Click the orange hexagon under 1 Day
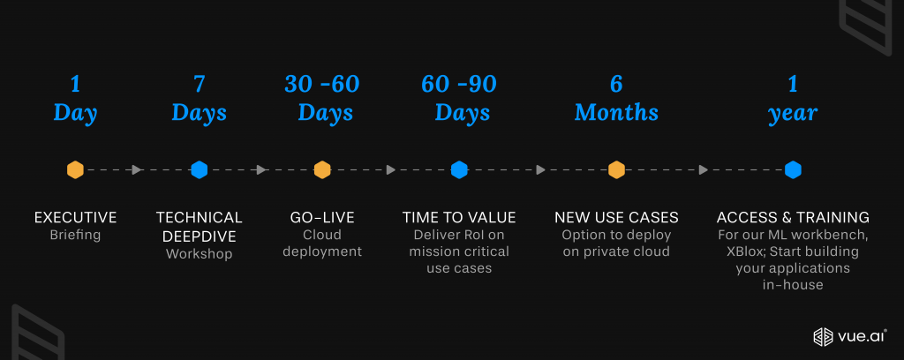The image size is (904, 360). pyautogui.click(x=76, y=170)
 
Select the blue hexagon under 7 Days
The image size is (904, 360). pyautogui.click(x=199, y=170)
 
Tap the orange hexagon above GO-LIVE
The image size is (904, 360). pyautogui.click(x=322, y=170)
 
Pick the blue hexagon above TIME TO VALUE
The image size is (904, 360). pyautogui.click(x=459, y=170)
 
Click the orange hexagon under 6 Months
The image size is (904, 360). pyautogui.click(x=617, y=170)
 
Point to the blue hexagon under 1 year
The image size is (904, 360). pyautogui.click(x=794, y=170)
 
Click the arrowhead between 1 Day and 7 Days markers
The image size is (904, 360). pyautogui.click(x=137, y=170)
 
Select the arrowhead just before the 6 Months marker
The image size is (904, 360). pyautogui.click(x=541, y=170)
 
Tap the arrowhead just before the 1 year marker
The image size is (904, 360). pyautogui.click(x=704, y=170)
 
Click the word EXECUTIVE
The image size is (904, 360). pyautogui.click(x=76, y=218)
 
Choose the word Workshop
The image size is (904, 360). pyautogui.click(x=199, y=254)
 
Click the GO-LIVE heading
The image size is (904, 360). pyautogui.click(x=322, y=218)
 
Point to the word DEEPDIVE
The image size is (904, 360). pyautogui.click(x=199, y=236)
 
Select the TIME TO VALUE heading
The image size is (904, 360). pyautogui.click(x=459, y=218)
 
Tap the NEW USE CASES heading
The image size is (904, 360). pyautogui.click(x=616, y=218)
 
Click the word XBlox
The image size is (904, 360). pyautogui.click(x=746, y=251)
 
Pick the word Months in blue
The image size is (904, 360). pyautogui.click(x=616, y=112)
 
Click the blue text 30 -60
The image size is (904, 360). pyautogui.click(x=322, y=84)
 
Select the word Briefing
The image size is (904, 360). pyautogui.click(x=76, y=235)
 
